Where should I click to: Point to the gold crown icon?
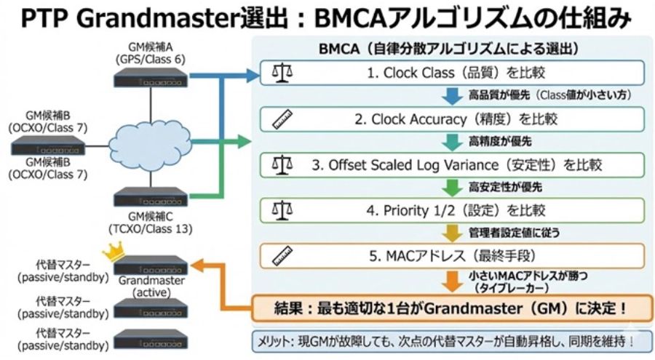(114, 251)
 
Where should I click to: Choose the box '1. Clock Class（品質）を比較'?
(453, 73)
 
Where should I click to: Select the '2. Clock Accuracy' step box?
(453, 119)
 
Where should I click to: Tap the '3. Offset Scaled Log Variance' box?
(453, 164)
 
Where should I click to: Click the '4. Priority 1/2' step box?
(453, 211)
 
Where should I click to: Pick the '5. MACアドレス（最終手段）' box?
(453, 256)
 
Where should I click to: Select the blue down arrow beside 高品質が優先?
(452, 96)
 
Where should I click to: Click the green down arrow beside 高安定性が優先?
(452, 188)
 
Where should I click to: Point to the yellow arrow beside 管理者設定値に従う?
(452, 233)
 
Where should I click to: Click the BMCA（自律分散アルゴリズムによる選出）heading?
(448, 49)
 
